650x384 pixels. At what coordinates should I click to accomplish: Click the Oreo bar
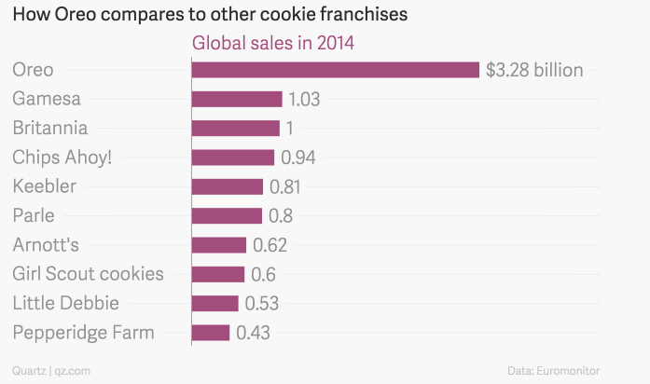pyautogui.click(x=336, y=70)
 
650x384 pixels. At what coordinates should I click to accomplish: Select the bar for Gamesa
pyautogui.click(x=237, y=99)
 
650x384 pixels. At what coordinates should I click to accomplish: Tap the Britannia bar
pyautogui.click(x=236, y=129)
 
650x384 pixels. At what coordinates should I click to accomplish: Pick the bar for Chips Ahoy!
pyautogui.click(x=233, y=158)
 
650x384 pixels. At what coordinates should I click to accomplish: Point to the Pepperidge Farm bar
pyautogui.click(x=211, y=333)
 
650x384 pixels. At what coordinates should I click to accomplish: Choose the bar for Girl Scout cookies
pyautogui.click(x=218, y=274)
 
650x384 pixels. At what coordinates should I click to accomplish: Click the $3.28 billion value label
pyautogui.click(x=534, y=70)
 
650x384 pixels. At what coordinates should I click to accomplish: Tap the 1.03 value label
pyautogui.click(x=305, y=99)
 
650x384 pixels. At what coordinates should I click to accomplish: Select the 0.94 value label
pyautogui.click(x=298, y=158)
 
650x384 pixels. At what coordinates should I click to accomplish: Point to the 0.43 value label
pyautogui.click(x=254, y=333)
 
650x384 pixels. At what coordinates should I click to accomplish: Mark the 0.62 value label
pyautogui.click(x=270, y=245)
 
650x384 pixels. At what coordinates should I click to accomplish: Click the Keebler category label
pyautogui.click(x=44, y=186)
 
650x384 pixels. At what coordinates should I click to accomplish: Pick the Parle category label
pyautogui.click(x=34, y=216)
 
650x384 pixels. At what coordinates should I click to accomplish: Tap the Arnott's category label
pyautogui.click(x=46, y=245)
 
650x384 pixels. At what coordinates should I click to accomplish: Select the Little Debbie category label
pyautogui.click(x=65, y=303)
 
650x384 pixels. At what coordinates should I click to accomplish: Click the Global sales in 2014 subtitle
pyautogui.click(x=273, y=43)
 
